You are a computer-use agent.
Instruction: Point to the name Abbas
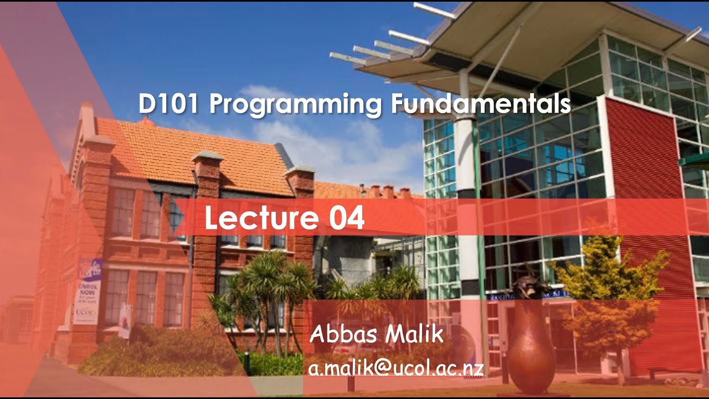pyautogui.click(x=342, y=334)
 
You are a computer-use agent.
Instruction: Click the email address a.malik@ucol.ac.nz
pyautogui.click(x=396, y=367)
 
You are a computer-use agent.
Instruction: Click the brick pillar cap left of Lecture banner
pyautogui.click(x=207, y=158)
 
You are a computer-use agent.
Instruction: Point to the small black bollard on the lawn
pyautogui.click(x=246, y=363)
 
